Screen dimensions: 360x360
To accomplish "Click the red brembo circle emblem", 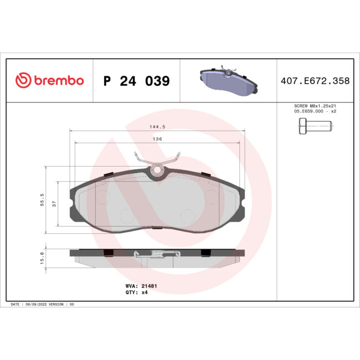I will [22, 81].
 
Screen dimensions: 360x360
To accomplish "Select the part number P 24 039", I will [136, 81].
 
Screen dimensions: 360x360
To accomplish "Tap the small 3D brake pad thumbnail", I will [227, 81].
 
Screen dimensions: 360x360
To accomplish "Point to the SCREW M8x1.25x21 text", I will [314, 106].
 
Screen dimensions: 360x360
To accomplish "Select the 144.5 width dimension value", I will [157, 127].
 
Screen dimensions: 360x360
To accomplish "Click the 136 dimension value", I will [157, 139].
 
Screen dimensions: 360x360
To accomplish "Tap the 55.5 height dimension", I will [43, 199].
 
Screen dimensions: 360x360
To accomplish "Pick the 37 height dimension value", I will [54, 203].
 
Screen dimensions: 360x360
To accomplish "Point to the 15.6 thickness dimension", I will [43, 258].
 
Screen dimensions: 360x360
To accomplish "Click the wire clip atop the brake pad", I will [157, 163].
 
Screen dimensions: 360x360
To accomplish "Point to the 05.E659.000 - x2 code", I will [314, 111].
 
